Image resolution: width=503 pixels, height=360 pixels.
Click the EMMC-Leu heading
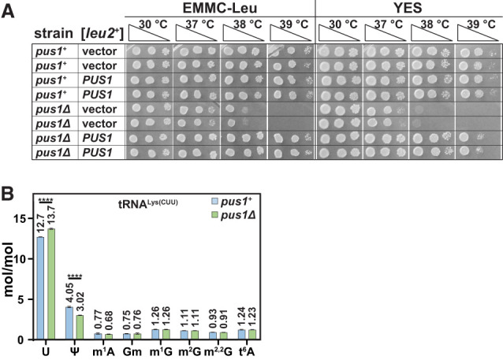(220, 8)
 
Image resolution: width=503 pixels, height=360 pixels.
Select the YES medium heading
(408, 8)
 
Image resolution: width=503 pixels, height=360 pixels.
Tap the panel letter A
(8, 11)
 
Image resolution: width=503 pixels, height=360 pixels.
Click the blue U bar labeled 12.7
(40, 288)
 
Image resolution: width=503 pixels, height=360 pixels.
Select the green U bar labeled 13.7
(51, 284)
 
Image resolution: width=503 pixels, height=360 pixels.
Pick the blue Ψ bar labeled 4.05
(69, 323)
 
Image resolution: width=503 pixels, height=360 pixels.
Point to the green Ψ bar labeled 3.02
(80, 327)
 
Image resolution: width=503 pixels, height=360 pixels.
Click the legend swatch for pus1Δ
(214, 214)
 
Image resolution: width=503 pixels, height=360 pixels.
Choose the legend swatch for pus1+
(214, 202)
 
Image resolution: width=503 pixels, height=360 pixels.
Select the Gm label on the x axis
(132, 351)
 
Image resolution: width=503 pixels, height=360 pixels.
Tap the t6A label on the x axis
(247, 351)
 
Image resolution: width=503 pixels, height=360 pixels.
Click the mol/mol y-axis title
(8, 269)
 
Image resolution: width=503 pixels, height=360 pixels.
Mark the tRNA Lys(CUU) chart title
(148, 203)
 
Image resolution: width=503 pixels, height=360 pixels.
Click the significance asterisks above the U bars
(46, 201)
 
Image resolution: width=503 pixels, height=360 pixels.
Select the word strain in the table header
(54, 33)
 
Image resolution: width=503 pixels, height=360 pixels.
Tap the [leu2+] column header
(102, 33)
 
